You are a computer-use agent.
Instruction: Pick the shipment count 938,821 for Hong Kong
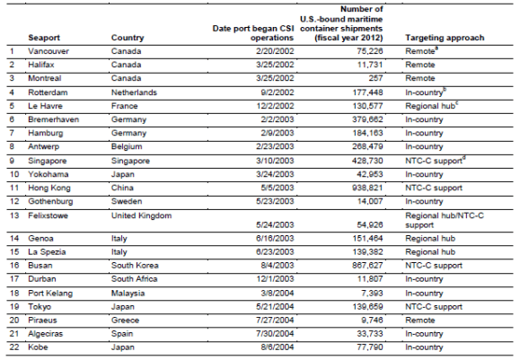[360, 189]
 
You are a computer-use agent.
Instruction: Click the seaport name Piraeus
[43, 319]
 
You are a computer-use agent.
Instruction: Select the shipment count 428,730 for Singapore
[360, 162]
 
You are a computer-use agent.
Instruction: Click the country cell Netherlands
[136, 92]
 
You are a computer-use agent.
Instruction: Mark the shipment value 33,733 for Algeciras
[363, 332]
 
